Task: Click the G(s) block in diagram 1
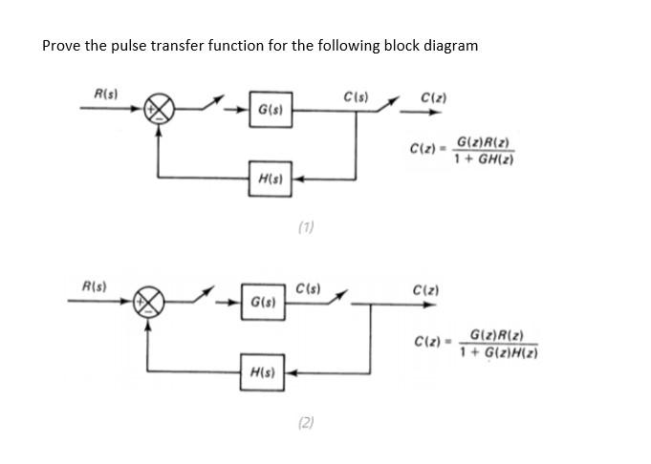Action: (270, 110)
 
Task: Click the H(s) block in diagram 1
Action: (270, 179)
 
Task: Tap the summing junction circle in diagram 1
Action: (159, 110)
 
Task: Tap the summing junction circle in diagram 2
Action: (149, 303)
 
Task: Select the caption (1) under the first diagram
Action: (306, 227)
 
